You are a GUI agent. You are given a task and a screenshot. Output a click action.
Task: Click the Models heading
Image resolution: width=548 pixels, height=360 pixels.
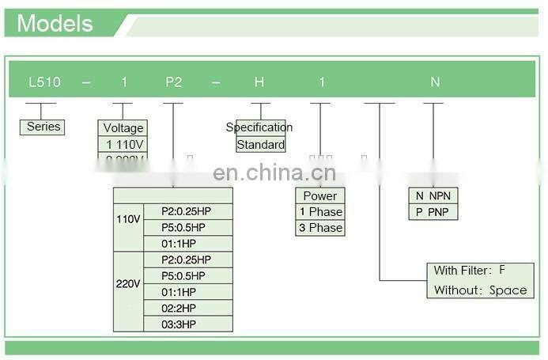(x=55, y=23)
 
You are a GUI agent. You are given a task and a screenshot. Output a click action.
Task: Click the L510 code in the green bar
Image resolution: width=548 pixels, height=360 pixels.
(x=41, y=82)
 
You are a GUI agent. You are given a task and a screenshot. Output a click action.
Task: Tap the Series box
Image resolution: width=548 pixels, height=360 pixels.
(x=43, y=127)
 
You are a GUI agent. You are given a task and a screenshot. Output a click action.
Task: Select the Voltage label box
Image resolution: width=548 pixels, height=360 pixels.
(x=123, y=128)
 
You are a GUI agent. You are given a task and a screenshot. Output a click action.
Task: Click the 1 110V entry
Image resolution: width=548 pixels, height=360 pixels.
(x=123, y=144)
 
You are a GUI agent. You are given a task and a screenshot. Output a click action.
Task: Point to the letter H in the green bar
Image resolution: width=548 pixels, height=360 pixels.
(x=259, y=82)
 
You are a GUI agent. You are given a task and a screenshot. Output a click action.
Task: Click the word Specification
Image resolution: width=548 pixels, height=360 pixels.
(x=259, y=127)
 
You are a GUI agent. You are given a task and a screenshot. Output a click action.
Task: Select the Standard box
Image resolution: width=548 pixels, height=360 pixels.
(x=261, y=145)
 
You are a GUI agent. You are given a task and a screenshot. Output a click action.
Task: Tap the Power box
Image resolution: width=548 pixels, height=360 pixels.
(x=320, y=195)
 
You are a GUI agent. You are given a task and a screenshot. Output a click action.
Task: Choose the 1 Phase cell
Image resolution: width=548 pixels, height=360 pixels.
(x=320, y=212)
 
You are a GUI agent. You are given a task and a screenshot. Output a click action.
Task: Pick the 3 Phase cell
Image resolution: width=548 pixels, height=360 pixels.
(x=320, y=228)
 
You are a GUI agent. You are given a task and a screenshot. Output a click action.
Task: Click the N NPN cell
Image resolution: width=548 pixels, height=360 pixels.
(x=433, y=195)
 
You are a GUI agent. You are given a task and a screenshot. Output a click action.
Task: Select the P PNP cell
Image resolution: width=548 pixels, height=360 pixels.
(x=433, y=211)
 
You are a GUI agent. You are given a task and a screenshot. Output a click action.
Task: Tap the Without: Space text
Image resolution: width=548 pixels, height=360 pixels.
(x=480, y=290)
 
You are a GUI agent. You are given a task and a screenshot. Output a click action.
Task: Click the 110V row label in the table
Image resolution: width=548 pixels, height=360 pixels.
(x=128, y=218)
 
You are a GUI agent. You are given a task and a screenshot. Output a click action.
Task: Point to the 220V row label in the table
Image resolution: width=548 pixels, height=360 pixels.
(x=128, y=283)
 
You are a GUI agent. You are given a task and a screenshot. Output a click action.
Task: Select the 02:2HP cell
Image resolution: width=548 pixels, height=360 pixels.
(x=179, y=308)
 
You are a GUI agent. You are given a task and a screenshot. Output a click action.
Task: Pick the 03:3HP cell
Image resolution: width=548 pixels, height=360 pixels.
(x=179, y=324)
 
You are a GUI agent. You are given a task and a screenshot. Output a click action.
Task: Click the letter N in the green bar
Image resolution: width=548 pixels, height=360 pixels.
(x=434, y=82)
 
